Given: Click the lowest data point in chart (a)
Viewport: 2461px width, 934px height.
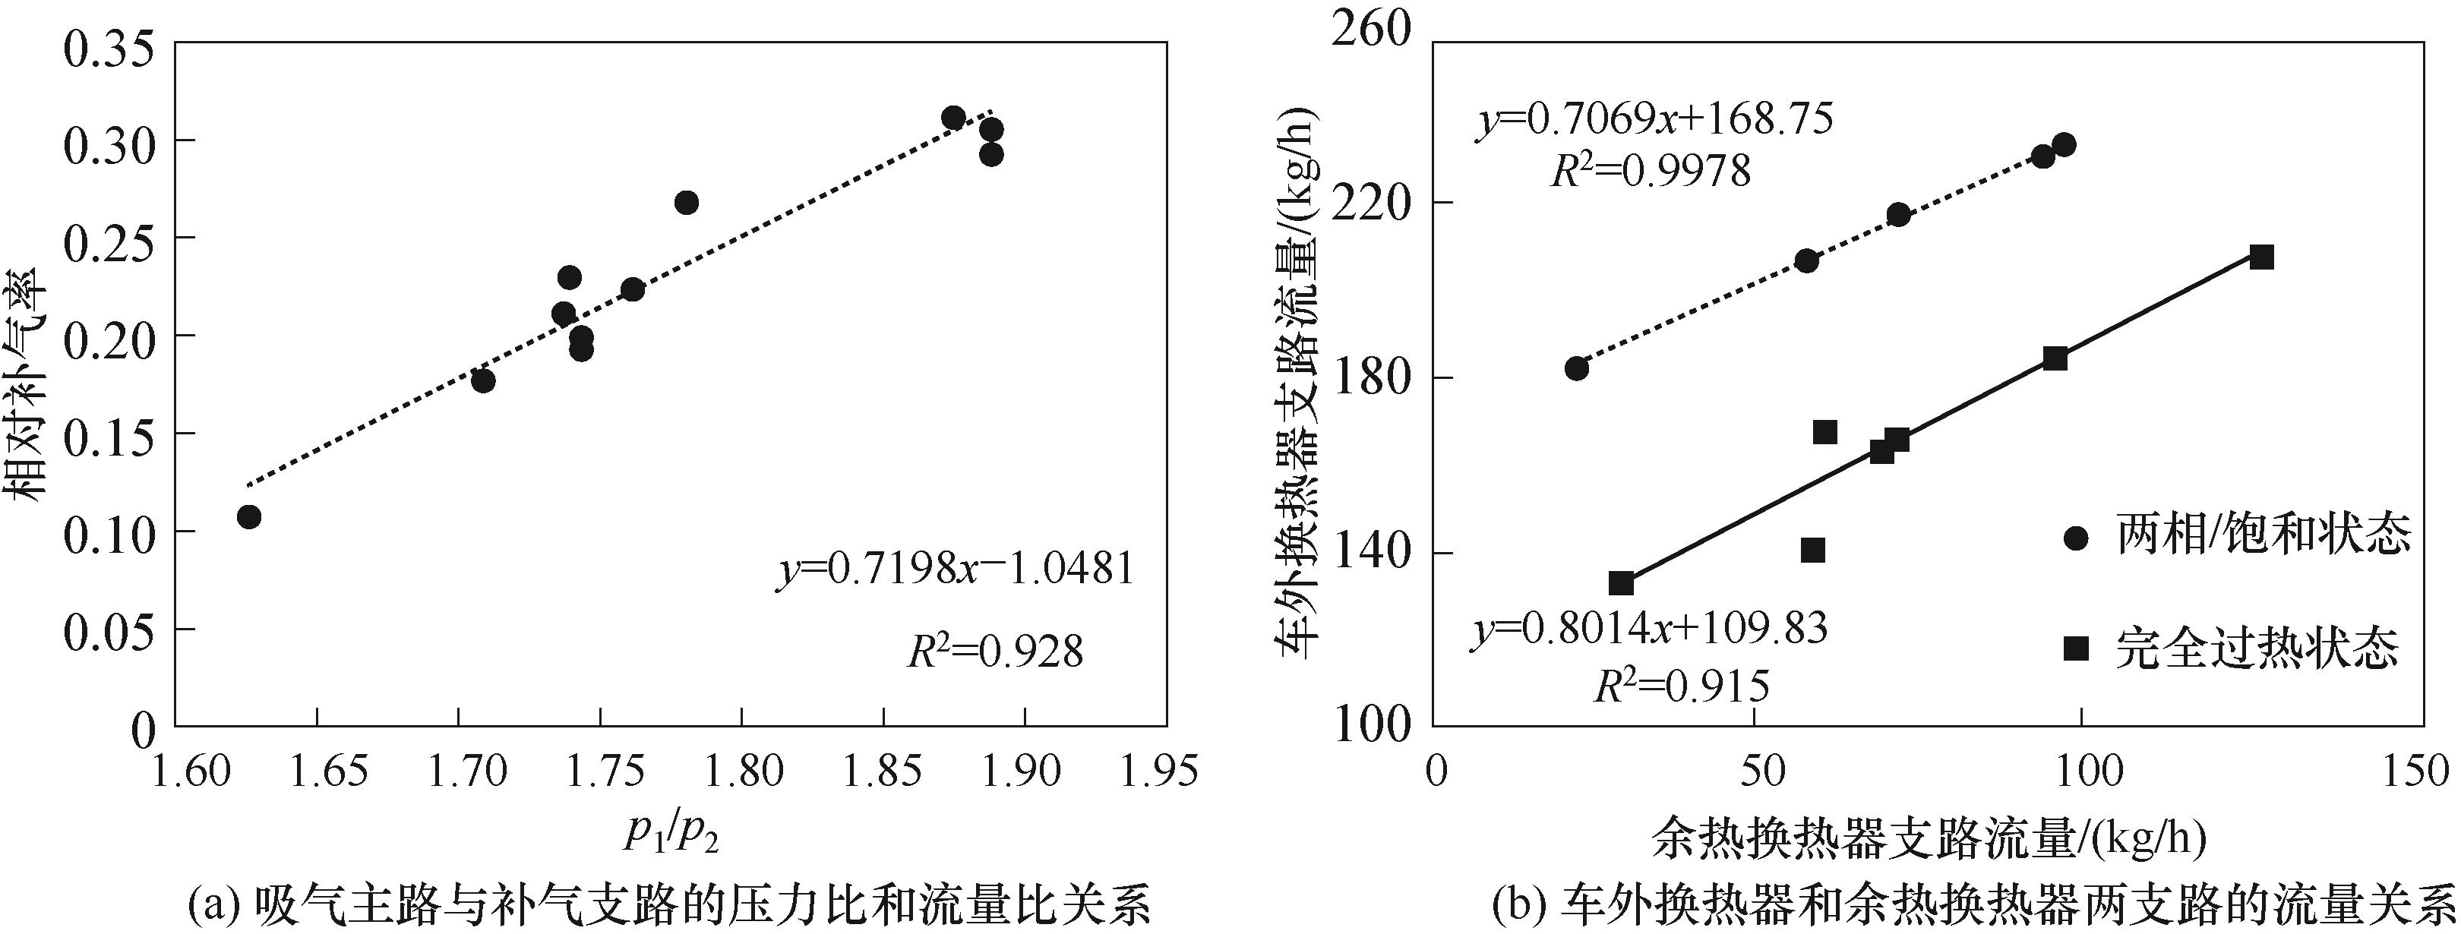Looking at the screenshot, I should (x=249, y=516).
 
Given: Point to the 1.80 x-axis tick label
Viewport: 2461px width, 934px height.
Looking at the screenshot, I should (x=741, y=771).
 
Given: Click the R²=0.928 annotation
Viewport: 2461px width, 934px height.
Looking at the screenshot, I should (x=994, y=652).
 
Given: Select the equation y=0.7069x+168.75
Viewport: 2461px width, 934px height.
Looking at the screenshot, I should (x=1654, y=121).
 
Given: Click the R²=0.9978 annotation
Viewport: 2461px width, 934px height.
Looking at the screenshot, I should (x=1650, y=171).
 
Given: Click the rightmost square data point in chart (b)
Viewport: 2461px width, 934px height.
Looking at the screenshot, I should (x=2260, y=257).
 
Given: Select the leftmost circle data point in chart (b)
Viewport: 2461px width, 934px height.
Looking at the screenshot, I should (x=1576, y=368).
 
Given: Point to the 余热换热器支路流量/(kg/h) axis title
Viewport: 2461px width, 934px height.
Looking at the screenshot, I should (x=1928, y=838).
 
